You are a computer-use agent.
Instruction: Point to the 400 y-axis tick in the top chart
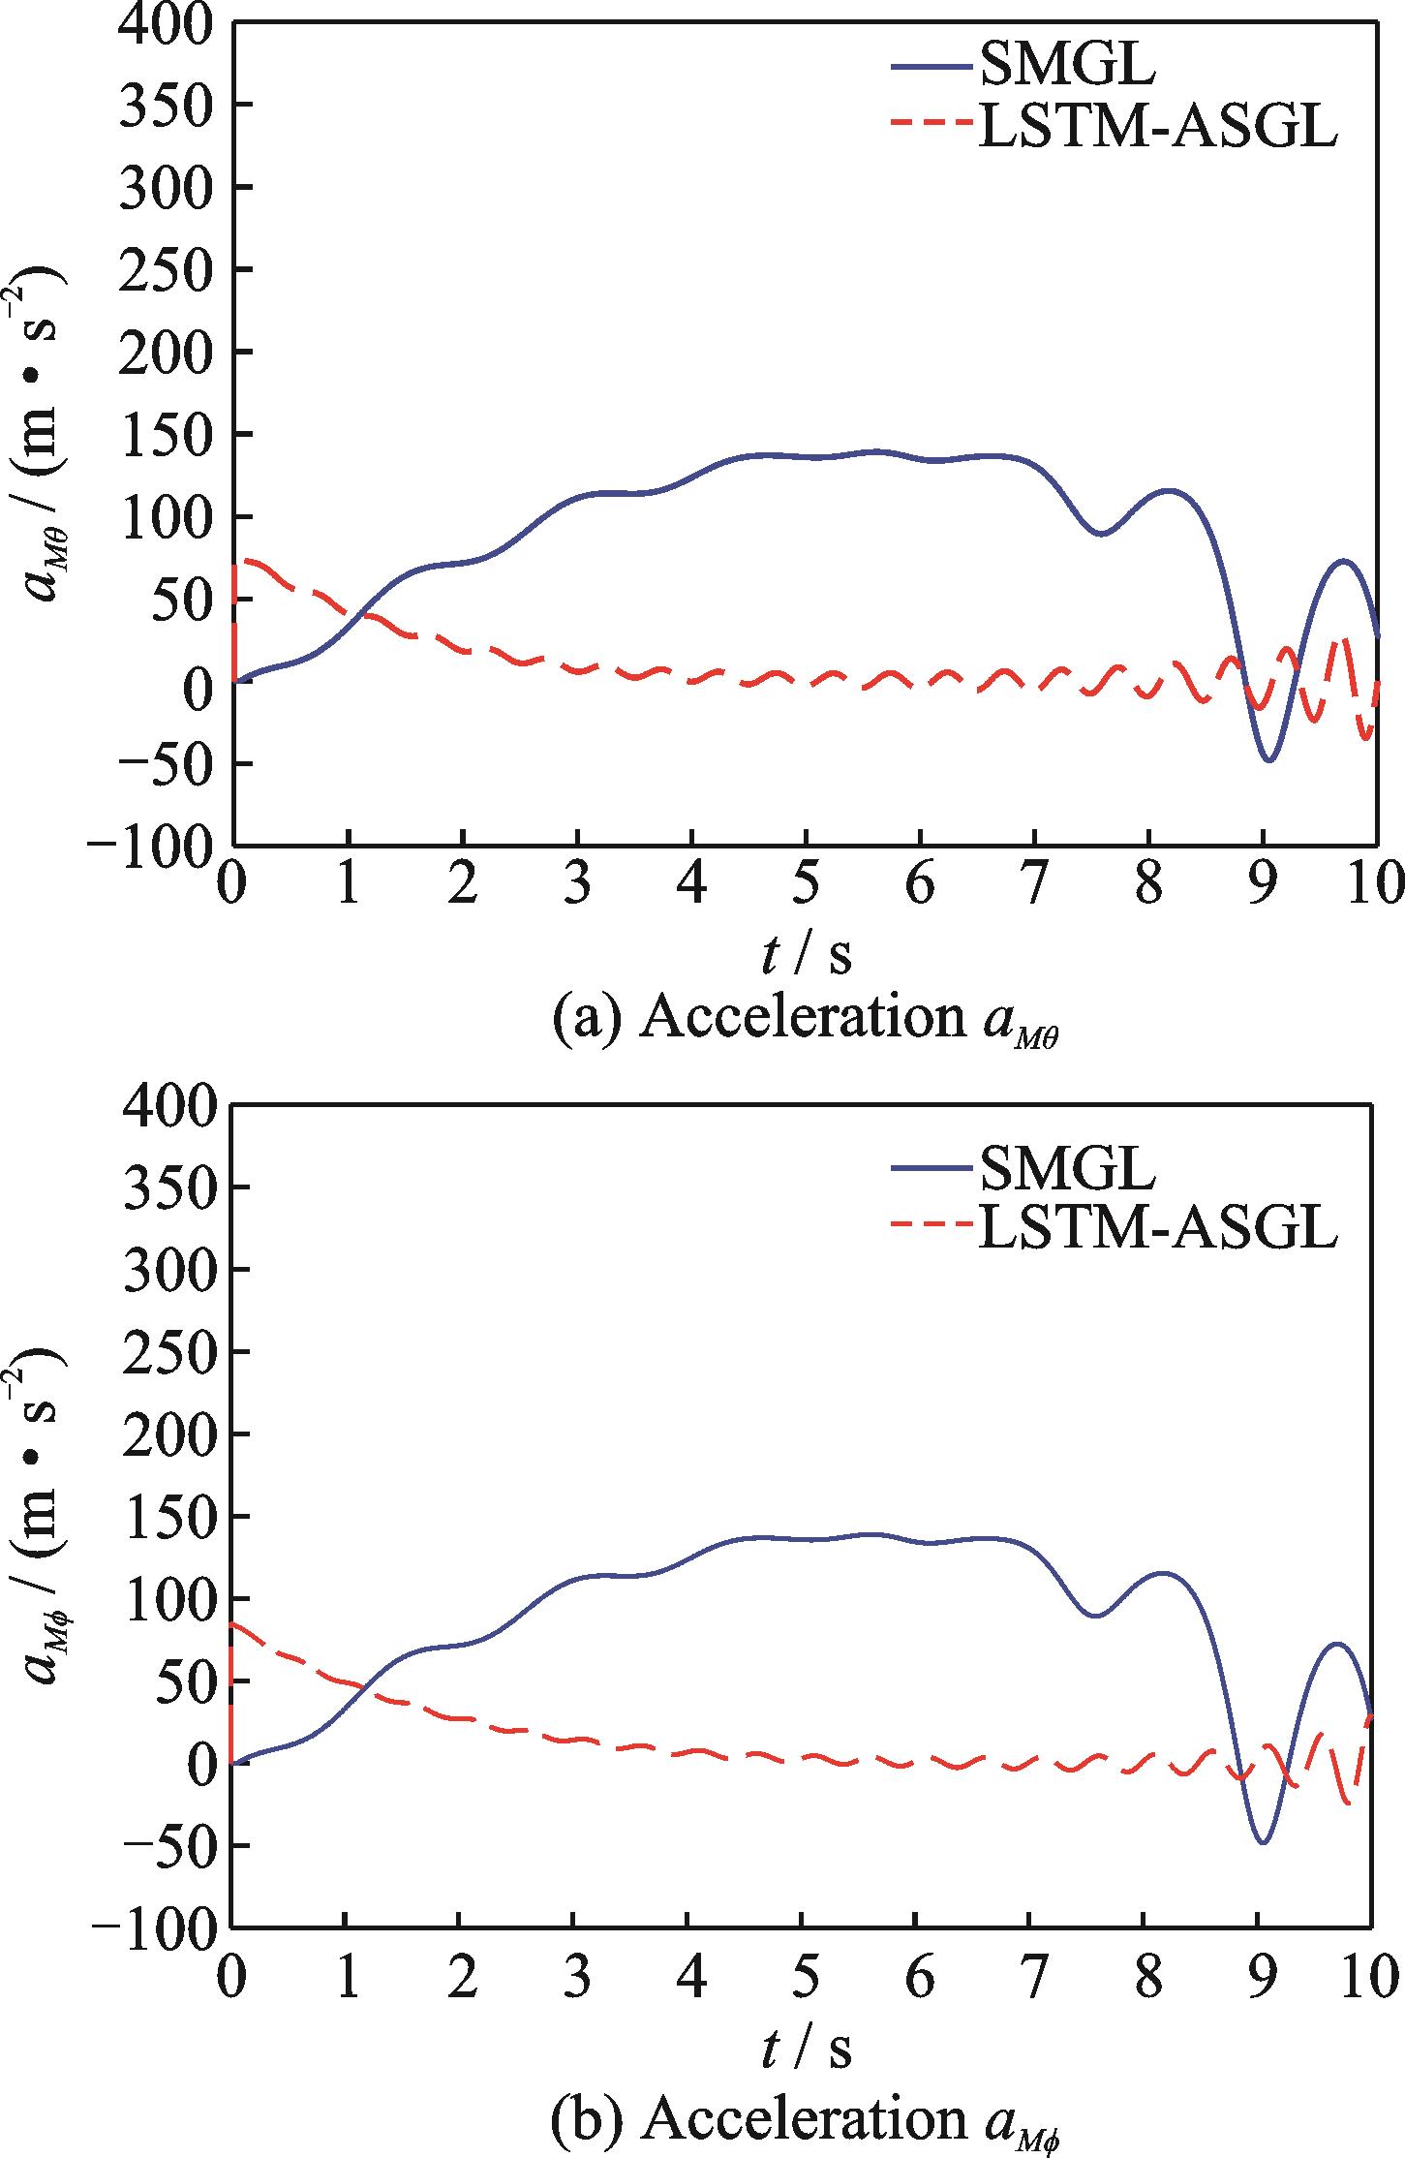(177, 24)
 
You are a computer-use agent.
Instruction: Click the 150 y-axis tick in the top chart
(177, 435)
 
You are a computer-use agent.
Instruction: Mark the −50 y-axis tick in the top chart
(163, 763)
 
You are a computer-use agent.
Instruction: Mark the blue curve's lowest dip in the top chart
(1268, 759)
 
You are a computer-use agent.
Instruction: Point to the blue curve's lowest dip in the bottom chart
(1263, 1842)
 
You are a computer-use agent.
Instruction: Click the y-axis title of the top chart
(44, 436)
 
